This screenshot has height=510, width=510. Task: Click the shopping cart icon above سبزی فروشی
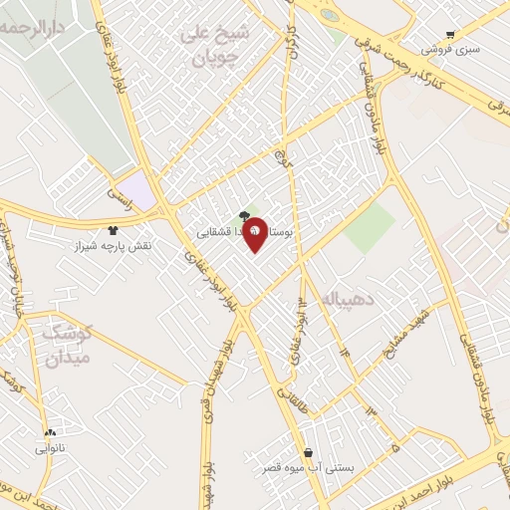tap(450, 34)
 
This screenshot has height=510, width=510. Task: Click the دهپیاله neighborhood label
tap(343, 298)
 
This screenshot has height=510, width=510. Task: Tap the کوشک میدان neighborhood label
tap(61, 344)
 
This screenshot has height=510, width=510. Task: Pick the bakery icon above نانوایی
tap(50, 432)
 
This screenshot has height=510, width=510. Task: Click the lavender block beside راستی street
tap(141, 191)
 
